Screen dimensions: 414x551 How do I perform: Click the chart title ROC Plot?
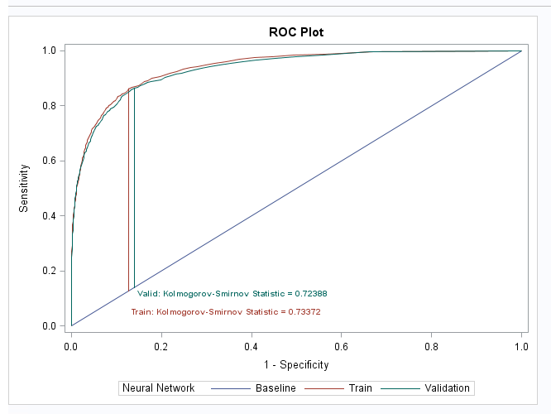(296, 32)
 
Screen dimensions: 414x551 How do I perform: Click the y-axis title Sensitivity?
(25, 188)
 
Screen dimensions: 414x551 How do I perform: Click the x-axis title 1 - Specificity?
(296, 364)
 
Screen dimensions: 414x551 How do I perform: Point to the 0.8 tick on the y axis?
(50, 106)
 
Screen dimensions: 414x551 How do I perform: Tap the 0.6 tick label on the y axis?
(50, 161)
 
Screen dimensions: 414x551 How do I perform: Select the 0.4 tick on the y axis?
(50, 216)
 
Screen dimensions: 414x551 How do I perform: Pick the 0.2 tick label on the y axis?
(50, 271)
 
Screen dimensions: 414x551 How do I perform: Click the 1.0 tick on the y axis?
(50, 51)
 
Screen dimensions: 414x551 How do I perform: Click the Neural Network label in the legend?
(158, 388)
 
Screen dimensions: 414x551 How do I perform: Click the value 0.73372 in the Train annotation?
(304, 312)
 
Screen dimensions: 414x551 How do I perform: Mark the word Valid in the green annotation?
(147, 293)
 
